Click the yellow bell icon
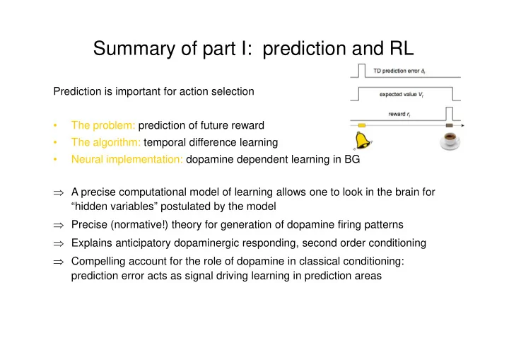363,140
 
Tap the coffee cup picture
450,141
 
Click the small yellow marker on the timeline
362,125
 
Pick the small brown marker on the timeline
450,125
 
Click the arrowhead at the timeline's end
462,125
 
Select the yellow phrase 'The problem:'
103,125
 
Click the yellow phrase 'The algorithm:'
106,142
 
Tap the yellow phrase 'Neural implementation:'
127,159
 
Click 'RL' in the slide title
402,48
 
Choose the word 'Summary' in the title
134,49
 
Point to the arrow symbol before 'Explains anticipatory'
59,244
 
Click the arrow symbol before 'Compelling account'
59,262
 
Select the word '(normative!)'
139,224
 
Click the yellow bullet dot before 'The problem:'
56,125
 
